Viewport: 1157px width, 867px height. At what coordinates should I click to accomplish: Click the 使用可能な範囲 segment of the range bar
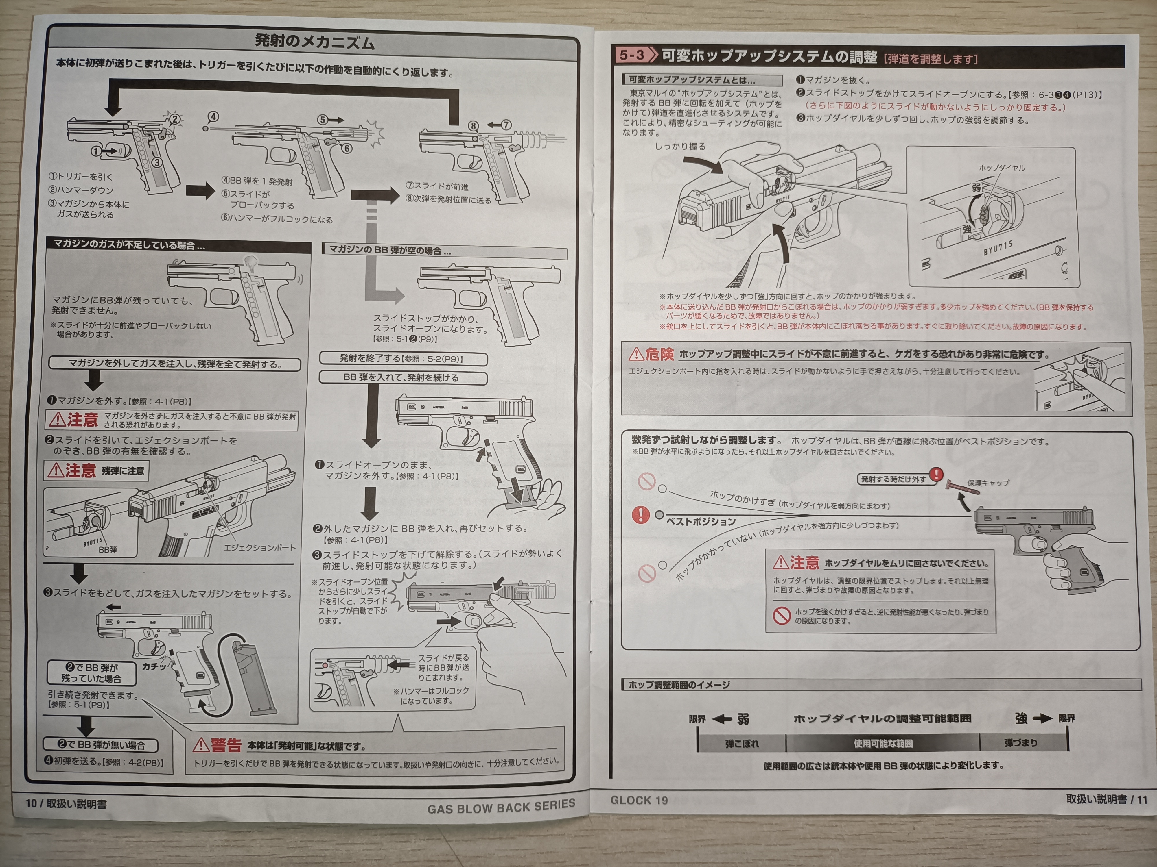coord(883,743)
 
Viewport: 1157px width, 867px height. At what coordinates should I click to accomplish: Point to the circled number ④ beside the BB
coord(213,116)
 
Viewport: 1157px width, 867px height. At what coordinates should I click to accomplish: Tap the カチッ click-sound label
coord(154,666)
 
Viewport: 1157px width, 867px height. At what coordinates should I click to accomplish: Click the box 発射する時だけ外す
coord(893,479)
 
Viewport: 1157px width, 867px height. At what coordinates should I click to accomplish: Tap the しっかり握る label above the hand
coord(680,146)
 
